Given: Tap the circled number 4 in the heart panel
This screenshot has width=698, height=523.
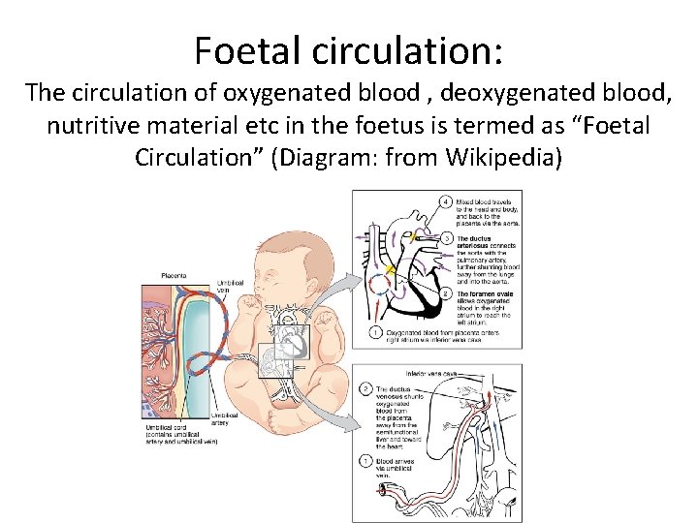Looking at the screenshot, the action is coord(446,202).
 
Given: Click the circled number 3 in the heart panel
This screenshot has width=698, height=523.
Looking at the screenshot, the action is coord(446,238).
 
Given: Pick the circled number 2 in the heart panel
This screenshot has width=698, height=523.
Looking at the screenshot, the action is coord(446,292).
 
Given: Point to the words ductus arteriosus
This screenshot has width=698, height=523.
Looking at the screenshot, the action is coord(476,243).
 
